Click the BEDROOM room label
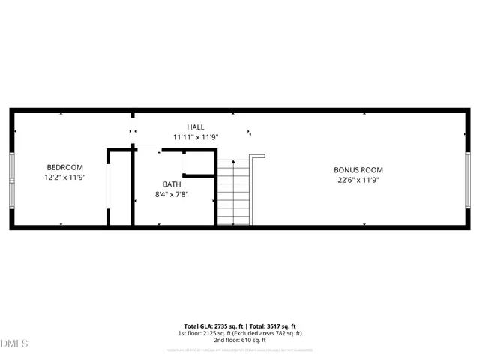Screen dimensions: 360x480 pos(64,167)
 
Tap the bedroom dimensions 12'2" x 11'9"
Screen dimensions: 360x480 pos(64,178)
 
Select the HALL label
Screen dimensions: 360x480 pos(195,127)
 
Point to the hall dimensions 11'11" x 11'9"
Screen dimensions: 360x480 pos(195,138)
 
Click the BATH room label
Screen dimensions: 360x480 pos(172,184)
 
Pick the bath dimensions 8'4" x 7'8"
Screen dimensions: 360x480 pos(172,195)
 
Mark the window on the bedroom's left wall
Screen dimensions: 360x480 pos(11,181)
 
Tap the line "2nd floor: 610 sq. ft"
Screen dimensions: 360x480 pos(240,340)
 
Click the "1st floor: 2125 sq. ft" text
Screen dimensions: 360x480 pos(205,333)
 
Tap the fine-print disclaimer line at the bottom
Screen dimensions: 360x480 pos(240,349)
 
